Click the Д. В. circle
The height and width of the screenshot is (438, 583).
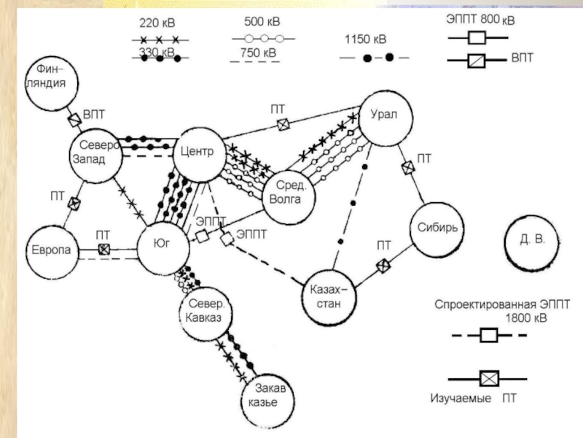pyautogui.click(x=531, y=239)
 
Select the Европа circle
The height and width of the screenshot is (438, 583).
pyautogui.click(x=50, y=250)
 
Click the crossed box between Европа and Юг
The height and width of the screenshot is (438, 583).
pyautogui.click(x=105, y=250)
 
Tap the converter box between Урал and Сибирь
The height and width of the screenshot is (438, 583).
pyautogui.click(x=407, y=168)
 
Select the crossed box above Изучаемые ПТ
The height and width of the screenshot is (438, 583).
pyautogui.click(x=488, y=379)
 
